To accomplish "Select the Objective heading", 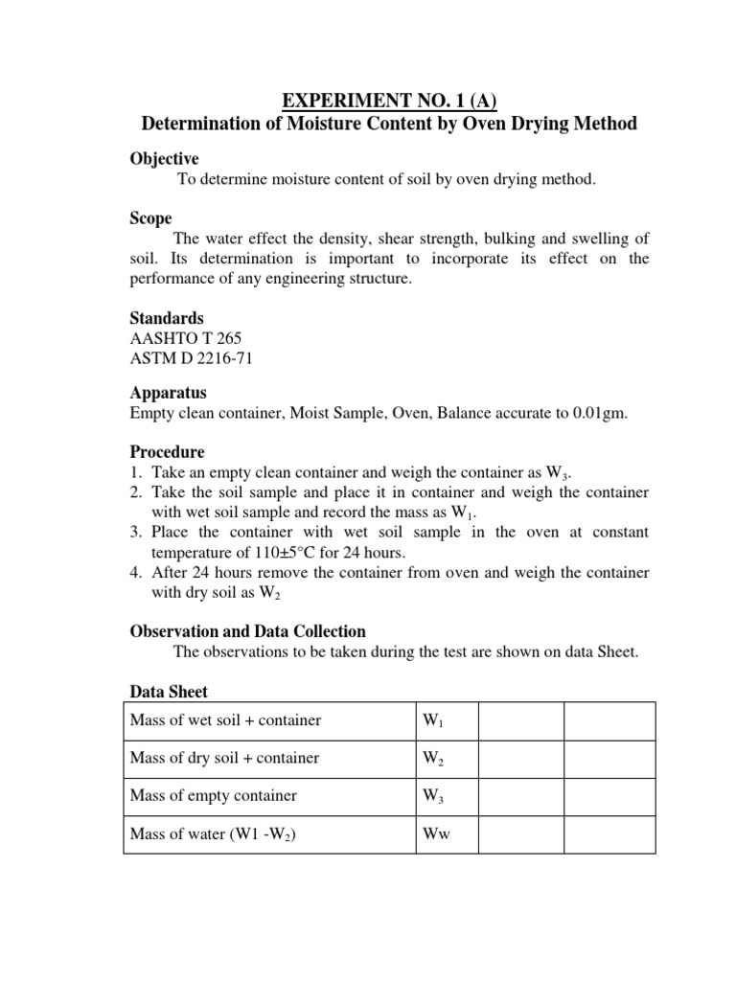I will pos(164,159).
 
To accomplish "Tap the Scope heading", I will pos(150,218).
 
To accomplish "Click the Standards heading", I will pos(166,318).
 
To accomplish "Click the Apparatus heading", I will pos(168,394).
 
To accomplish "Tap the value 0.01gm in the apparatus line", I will pos(600,414).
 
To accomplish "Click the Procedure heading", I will pos(167,451).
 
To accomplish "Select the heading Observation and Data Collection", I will pos(247,631).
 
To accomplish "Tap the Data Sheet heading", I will pos(169,692).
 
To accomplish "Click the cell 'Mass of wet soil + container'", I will pos(225,720).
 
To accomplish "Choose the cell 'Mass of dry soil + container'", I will pos(224,758).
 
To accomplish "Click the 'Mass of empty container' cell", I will pos(213,795).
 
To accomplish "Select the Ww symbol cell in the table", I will pos(436,833).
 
